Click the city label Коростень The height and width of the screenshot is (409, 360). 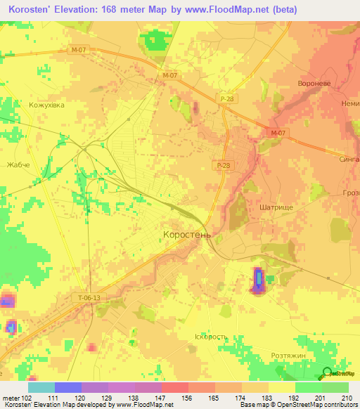coord(186,235)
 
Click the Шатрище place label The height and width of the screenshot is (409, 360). coord(278,207)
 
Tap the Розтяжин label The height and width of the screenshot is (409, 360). coord(290,357)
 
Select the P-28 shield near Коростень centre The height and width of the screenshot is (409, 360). coord(222,164)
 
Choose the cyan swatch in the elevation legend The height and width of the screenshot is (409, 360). coord(41,387)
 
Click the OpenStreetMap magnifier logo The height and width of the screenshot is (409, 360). coord(327,373)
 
